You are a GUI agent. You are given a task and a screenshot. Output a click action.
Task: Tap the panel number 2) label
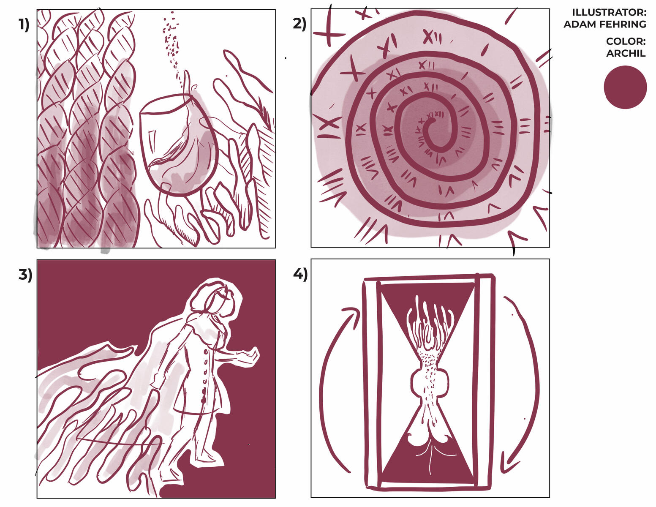click(299, 24)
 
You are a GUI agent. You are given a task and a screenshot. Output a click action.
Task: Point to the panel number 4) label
click(300, 274)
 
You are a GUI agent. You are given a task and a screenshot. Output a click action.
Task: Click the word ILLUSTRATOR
click(609, 13)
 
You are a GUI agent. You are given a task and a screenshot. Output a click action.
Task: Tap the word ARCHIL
click(626, 53)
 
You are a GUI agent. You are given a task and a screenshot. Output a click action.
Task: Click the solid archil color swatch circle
click(625, 87)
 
